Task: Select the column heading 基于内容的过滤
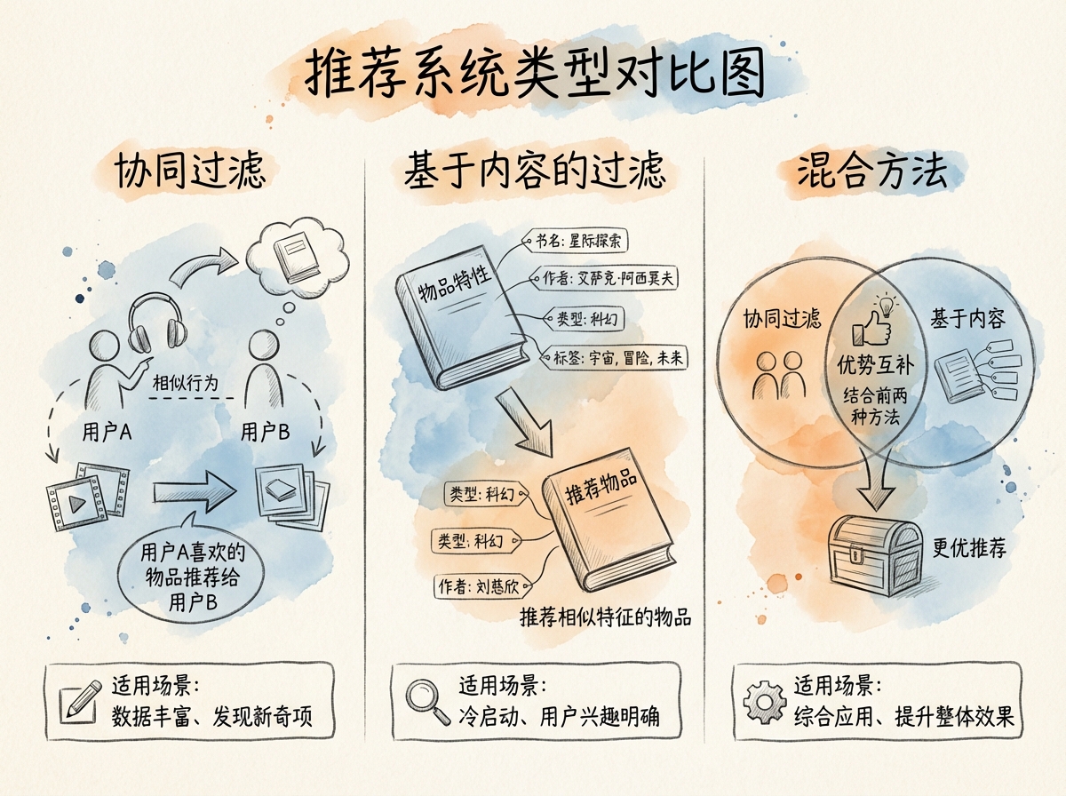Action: pyautogui.click(x=534, y=170)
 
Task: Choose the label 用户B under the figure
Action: pyautogui.click(x=265, y=433)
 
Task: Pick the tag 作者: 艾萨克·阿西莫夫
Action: pyautogui.click(x=609, y=278)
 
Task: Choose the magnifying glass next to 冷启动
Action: pyautogui.click(x=427, y=698)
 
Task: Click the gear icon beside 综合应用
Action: pyautogui.click(x=763, y=700)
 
